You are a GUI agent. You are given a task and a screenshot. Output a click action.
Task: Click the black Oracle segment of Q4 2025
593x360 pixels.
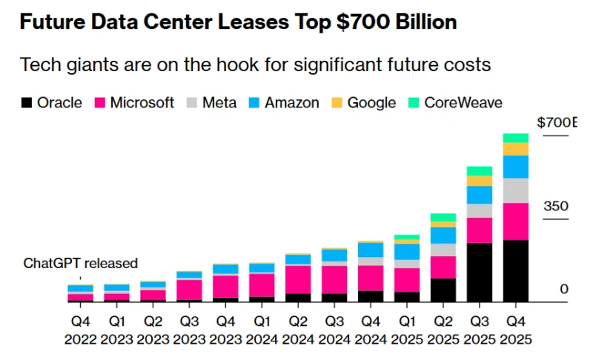515,270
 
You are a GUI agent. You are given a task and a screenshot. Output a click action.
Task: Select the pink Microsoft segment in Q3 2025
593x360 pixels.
479,230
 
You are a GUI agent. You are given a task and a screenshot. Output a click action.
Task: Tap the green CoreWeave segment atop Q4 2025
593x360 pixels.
515,138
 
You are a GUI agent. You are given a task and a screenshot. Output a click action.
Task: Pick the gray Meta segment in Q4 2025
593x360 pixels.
515,190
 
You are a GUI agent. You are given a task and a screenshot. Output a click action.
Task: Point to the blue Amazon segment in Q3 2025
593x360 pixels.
479,195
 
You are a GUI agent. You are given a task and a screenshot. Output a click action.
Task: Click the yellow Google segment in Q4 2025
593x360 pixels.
515,149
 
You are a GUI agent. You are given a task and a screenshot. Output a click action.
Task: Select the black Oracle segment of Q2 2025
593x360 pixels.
443,290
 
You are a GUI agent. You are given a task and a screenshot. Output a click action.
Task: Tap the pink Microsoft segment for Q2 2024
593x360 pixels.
298,279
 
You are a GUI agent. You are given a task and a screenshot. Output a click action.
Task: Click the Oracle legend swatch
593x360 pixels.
26,103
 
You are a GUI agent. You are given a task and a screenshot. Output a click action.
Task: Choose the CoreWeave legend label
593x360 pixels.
463,103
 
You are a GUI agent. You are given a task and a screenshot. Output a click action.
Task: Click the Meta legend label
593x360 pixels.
220,103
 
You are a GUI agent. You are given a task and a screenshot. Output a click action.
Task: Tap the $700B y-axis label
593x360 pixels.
556,122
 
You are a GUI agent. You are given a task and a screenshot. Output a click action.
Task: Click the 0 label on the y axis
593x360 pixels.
564,289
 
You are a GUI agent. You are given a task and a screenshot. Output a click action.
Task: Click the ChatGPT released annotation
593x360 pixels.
81,263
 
